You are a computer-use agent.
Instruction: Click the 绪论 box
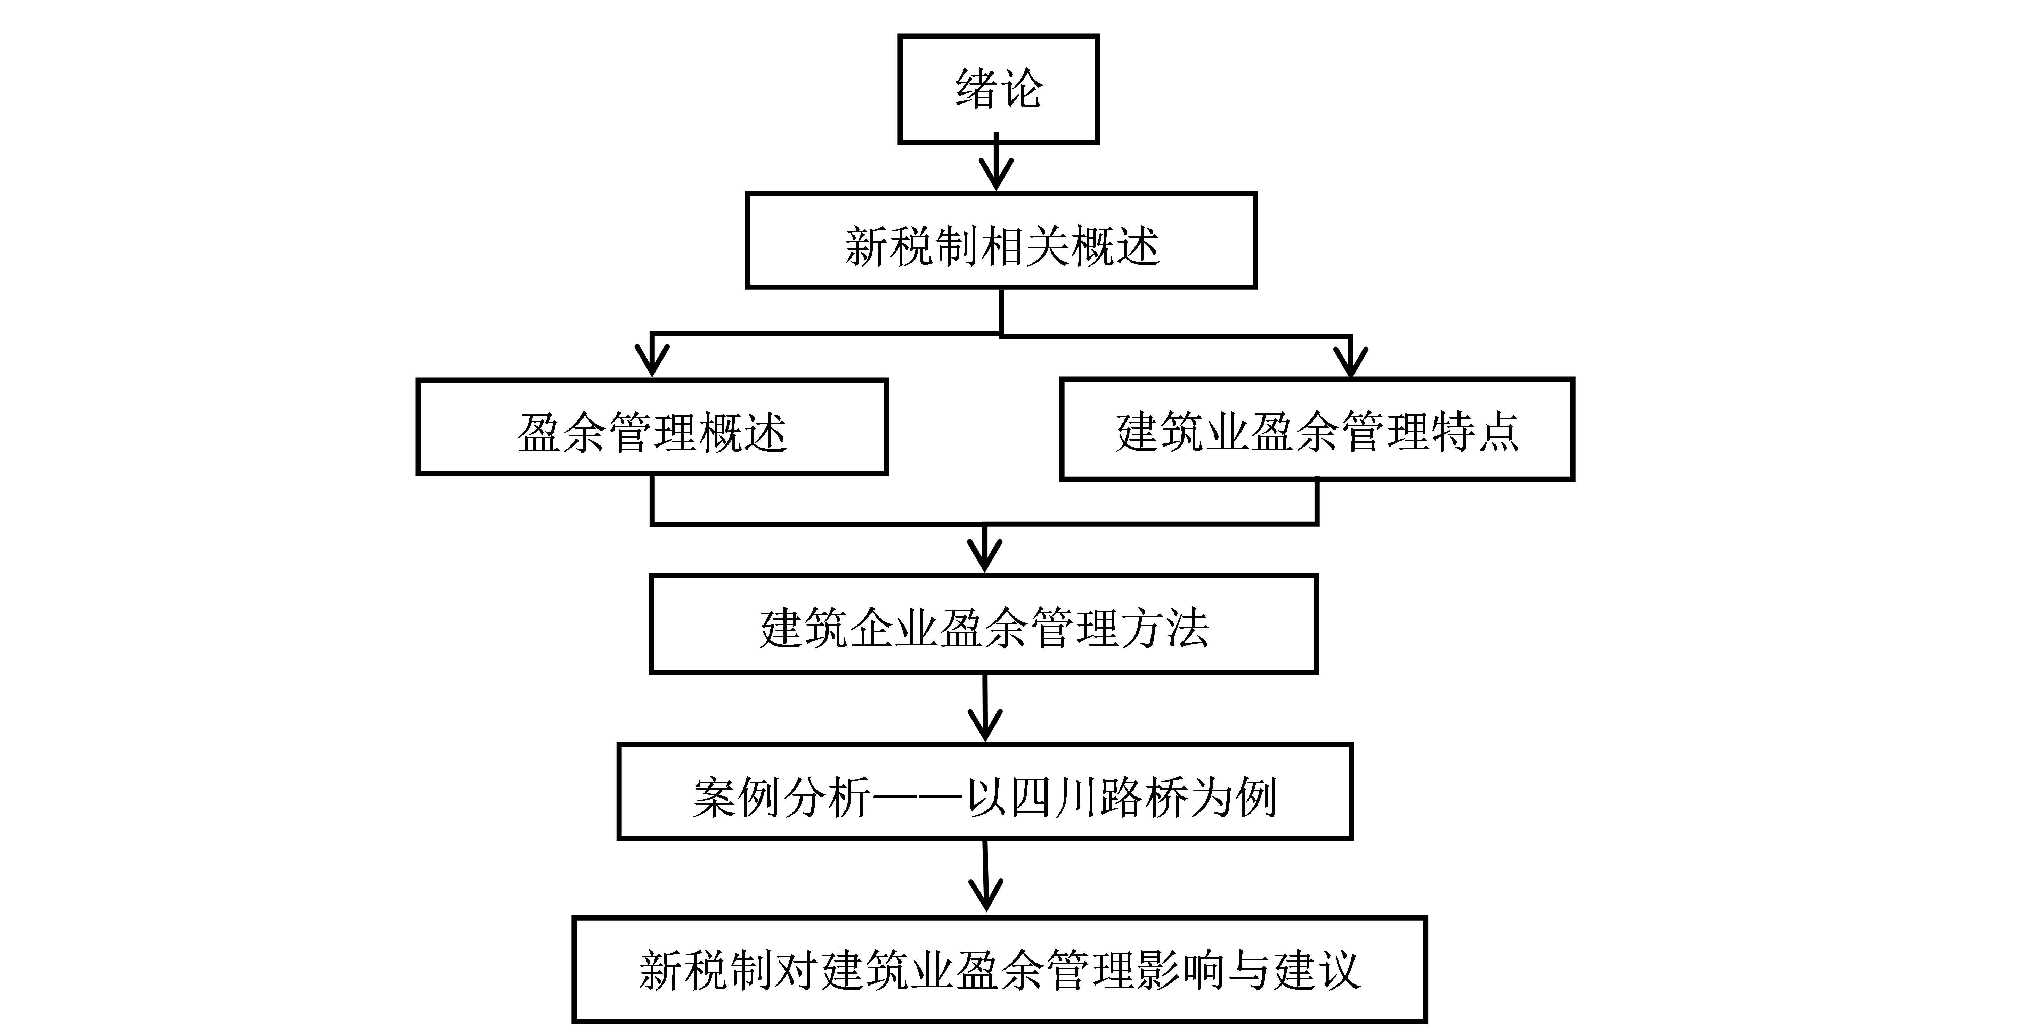pos(998,89)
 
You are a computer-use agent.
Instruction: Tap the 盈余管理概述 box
pos(651,427)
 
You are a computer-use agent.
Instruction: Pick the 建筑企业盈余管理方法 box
pos(983,624)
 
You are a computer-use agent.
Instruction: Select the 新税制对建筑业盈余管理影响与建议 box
pos(999,969)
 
